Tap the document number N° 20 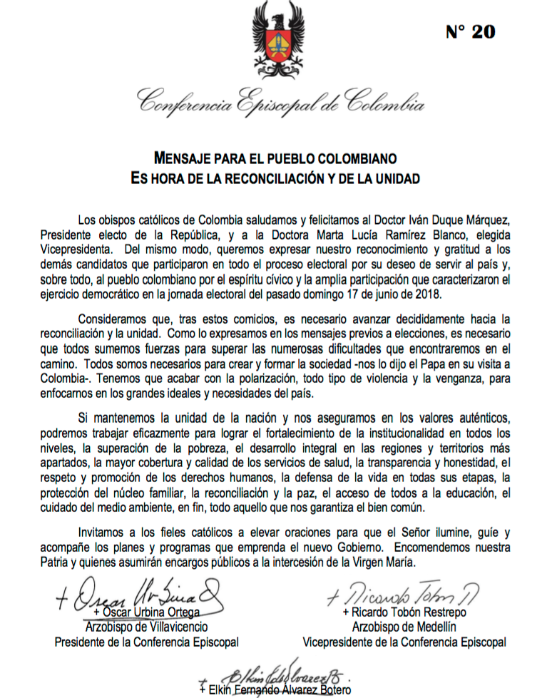[x=471, y=31]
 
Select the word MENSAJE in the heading [x=185, y=157]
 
